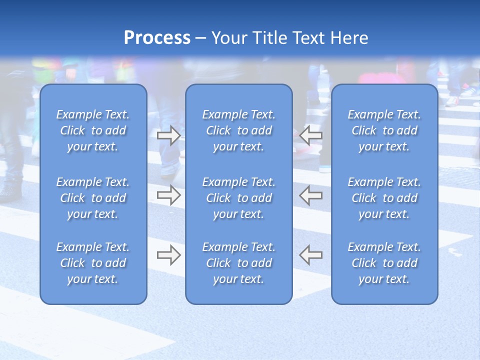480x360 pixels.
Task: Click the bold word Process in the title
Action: (157, 38)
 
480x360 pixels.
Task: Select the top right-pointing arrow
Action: (169, 135)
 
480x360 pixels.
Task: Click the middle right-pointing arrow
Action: (169, 195)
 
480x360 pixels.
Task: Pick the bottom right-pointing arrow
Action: (169, 254)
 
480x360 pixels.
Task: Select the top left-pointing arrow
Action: (310, 135)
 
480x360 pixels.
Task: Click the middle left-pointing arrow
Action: (310, 195)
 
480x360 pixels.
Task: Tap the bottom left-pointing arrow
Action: (310, 254)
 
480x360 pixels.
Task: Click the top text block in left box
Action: (93, 130)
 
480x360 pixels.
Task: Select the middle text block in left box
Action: (93, 198)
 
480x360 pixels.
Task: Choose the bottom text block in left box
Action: (93, 263)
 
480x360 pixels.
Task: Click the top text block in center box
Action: (239, 130)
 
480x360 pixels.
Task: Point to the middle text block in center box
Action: (239, 198)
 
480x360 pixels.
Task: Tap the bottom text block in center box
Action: (239, 263)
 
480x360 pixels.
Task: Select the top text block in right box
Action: (384, 130)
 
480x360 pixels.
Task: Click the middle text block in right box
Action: (384, 198)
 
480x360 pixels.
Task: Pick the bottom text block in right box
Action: (384, 263)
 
